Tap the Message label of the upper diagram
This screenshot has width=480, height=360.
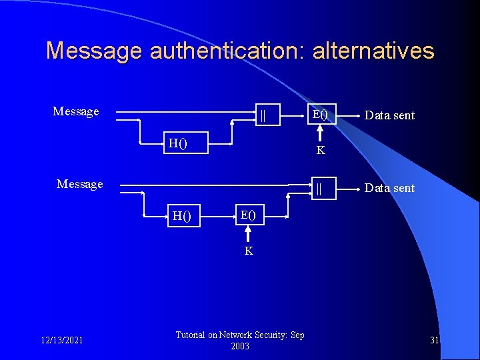click(75, 111)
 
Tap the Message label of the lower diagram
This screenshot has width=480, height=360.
click(80, 183)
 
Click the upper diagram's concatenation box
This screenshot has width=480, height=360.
click(263, 114)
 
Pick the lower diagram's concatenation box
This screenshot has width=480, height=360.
click(319, 189)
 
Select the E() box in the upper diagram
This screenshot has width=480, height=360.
click(321, 114)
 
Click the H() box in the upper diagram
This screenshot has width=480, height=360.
click(178, 142)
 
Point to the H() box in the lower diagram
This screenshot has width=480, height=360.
click(182, 215)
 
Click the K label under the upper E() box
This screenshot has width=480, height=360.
click(321, 151)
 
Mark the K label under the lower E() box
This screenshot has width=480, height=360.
click(249, 251)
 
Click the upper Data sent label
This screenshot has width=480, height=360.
click(389, 115)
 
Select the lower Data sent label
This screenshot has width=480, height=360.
click(389, 188)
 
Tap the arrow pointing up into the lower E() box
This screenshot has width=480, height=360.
click(249, 233)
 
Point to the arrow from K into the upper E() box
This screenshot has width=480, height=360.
click(321, 133)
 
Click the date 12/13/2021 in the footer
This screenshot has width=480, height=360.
click(61, 341)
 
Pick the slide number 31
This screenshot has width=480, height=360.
click(434, 341)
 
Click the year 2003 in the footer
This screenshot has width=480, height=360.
click(240, 346)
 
